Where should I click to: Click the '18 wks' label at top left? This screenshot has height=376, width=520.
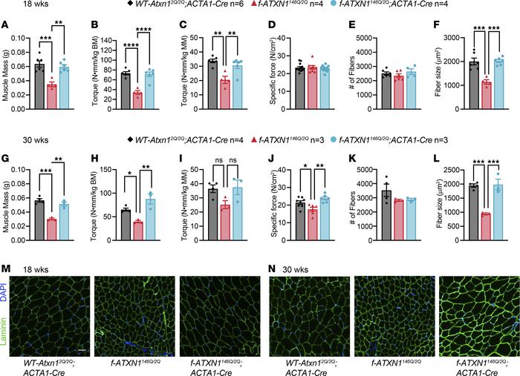[x=19, y=7]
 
